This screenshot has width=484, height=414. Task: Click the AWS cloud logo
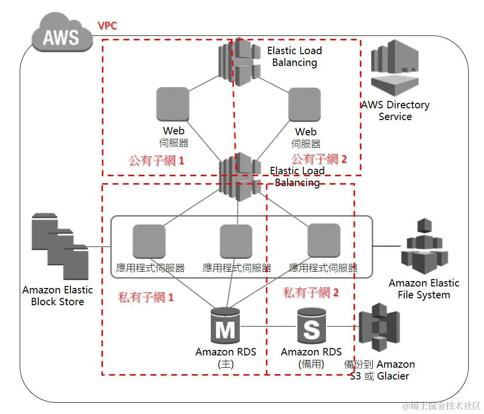62,35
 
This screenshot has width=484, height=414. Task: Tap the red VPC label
107,26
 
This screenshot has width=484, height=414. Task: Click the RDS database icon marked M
225,326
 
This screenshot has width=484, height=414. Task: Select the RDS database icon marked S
311,326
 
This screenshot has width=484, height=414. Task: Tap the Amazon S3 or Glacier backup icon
380,327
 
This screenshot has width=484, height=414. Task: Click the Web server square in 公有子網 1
172,104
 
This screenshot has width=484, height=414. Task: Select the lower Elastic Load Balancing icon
240,177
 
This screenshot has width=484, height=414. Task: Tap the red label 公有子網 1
156,160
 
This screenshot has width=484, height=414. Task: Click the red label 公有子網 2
319,159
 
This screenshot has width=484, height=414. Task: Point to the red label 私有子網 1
146,297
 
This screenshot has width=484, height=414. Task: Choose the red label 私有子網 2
311,292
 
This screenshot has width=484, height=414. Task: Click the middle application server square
236,241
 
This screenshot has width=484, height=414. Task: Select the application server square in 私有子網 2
323,240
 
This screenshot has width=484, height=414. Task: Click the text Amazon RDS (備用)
311,358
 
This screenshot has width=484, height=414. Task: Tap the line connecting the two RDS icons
268,326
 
